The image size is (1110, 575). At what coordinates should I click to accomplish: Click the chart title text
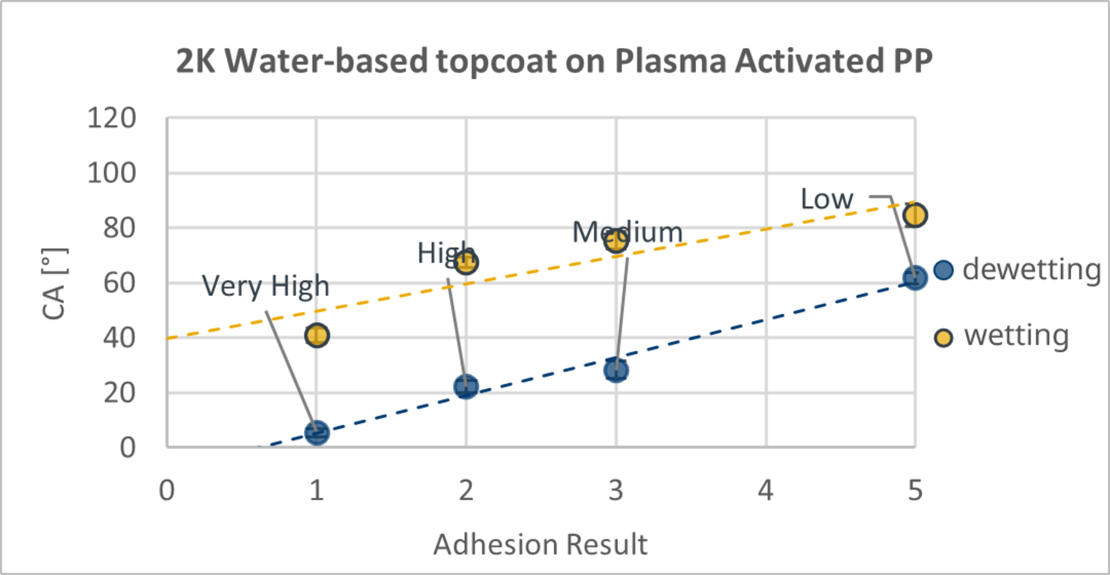pos(554,61)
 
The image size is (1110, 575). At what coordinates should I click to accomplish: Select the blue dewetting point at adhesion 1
pos(317,432)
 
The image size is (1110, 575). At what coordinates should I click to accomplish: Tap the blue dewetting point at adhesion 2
pos(466,386)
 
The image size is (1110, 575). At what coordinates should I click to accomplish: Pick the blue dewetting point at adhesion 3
pos(616,370)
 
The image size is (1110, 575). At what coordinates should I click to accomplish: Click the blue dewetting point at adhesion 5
pos(915,278)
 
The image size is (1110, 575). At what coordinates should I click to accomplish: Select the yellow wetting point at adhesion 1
pos(317,335)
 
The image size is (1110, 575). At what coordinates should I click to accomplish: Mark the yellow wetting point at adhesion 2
pos(466,262)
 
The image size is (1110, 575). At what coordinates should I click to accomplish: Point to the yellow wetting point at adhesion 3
pos(616,240)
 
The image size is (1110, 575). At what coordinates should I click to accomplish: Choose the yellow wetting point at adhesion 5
pos(915,216)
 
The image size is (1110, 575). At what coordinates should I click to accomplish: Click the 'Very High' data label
pos(265,286)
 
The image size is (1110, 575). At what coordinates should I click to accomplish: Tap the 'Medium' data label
pos(627,232)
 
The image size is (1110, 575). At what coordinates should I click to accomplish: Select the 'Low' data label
pos(827,199)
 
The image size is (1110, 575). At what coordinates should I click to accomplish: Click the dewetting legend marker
pos(943,270)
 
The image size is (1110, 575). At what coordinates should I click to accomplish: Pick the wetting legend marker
pos(943,337)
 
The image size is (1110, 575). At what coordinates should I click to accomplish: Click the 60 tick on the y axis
pos(120,283)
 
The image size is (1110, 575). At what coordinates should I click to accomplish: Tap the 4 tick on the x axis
pos(765,491)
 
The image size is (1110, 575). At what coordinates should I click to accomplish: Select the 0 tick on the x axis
pos(167,491)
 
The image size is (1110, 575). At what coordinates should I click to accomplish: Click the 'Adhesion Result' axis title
pos(540,544)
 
